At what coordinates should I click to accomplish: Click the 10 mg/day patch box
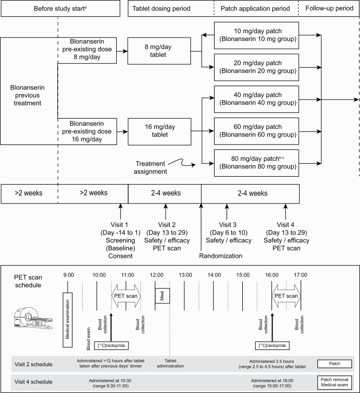coord(257,36)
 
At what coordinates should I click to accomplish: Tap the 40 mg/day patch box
coord(257,99)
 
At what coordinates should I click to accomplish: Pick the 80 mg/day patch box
coord(257,161)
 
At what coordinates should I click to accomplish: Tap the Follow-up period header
coord(329,8)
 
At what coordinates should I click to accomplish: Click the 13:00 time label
coord(185,275)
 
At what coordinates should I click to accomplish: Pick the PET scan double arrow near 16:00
coord(286,296)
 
